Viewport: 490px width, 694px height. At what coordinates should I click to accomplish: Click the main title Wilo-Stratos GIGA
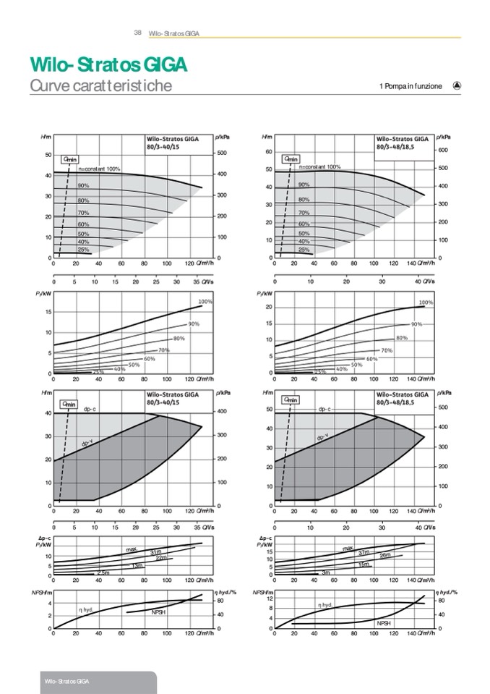click(108, 64)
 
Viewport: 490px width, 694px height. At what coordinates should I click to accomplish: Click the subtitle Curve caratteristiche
click(100, 86)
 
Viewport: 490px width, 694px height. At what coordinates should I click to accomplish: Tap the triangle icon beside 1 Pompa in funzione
click(457, 85)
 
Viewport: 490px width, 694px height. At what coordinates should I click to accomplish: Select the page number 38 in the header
click(137, 33)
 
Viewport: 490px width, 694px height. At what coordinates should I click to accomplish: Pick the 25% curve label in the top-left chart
click(83, 249)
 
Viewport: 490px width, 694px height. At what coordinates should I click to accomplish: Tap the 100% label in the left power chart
click(205, 301)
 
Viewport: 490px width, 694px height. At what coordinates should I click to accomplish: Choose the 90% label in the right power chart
click(416, 324)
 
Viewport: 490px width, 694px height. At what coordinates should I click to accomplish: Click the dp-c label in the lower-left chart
click(90, 409)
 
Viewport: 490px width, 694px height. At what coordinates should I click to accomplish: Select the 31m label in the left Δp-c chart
click(155, 552)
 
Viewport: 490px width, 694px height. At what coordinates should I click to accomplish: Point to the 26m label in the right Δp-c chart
click(385, 555)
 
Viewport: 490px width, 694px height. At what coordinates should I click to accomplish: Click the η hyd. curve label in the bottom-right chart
click(325, 604)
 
